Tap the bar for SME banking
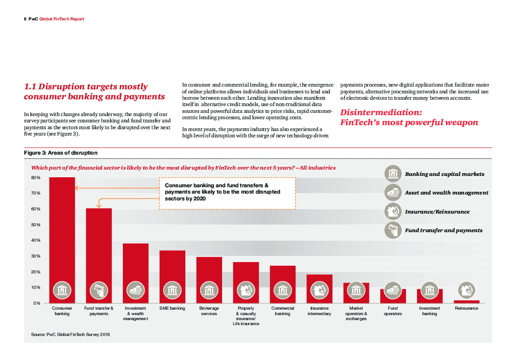172,268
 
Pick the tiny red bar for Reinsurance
466,302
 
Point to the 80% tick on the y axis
36,178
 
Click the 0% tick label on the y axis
37,303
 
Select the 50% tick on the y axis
36,225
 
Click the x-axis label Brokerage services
209,311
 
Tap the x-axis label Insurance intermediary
319,311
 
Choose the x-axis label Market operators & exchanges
356,313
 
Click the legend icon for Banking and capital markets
393,174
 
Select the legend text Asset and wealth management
446,193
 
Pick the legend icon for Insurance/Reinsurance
393,212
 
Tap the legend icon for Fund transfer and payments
393,230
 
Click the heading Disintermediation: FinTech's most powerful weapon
409,117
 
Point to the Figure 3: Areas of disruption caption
61,153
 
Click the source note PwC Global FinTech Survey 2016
70,335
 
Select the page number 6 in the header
25,19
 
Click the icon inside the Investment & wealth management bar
136,290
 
